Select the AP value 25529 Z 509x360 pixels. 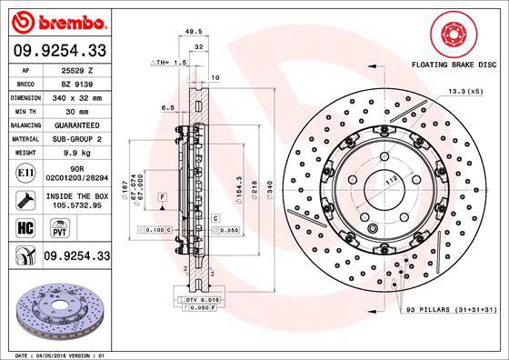(78, 70)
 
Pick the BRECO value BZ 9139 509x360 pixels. (78, 82)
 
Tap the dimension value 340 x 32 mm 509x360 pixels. (78, 94)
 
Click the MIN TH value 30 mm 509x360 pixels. (78, 106)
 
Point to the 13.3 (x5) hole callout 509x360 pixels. (464, 92)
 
